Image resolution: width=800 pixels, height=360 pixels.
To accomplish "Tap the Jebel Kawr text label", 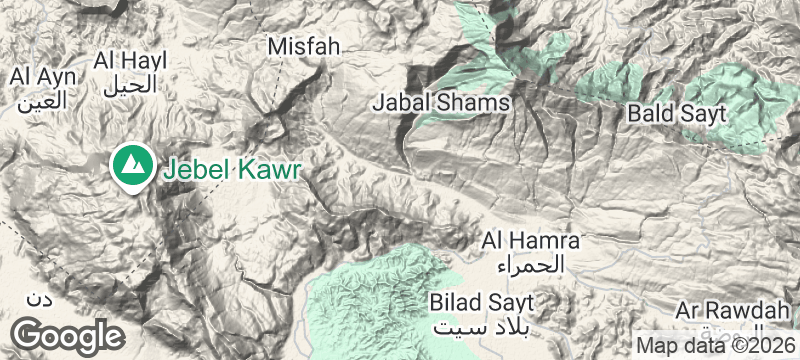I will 231,168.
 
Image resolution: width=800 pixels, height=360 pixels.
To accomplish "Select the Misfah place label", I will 305,46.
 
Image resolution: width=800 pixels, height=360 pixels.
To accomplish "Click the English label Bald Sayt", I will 676,113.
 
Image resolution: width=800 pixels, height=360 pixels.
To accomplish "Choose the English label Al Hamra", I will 531,240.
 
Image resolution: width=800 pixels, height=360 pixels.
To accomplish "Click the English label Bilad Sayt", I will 483,301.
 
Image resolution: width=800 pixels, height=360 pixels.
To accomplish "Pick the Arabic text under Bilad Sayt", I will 483,326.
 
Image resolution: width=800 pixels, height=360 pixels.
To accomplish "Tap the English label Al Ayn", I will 37,76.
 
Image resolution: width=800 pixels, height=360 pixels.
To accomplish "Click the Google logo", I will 68,335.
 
